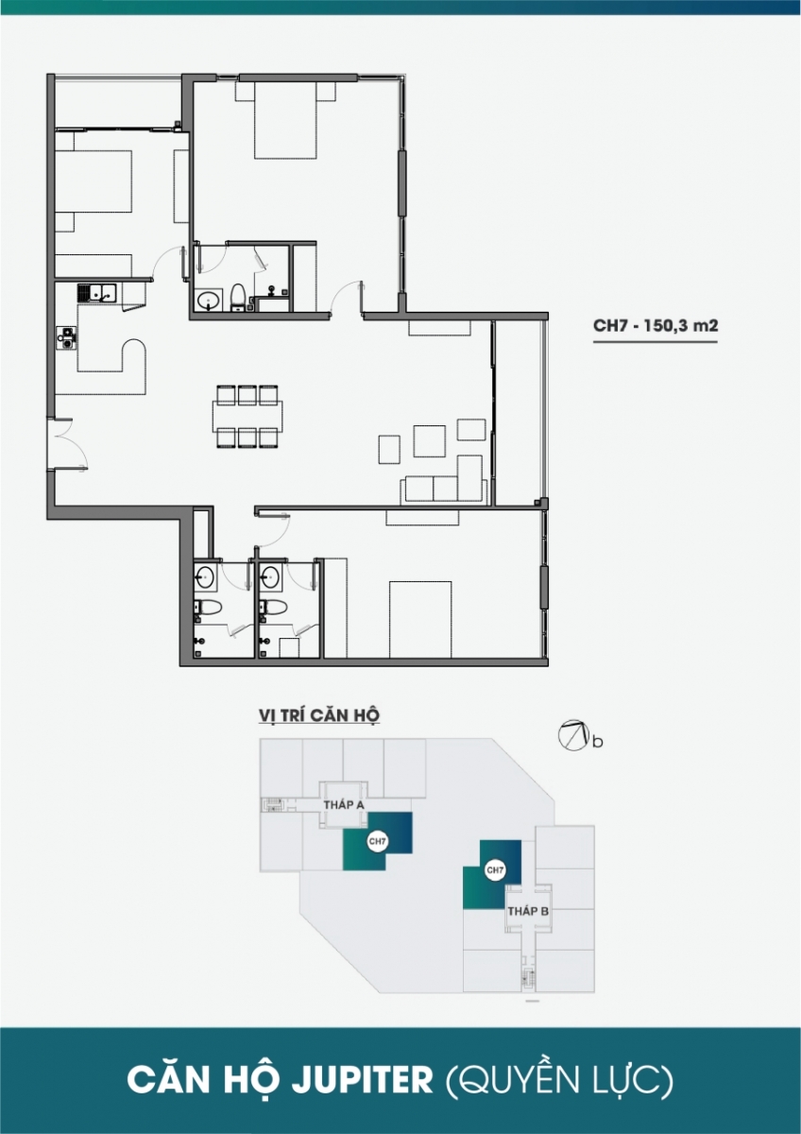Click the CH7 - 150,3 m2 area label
tap(656, 325)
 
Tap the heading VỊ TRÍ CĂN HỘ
tap(318, 715)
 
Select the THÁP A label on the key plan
tap(345, 805)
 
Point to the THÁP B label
tap(528, 911)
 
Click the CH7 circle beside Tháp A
tap(378, 841)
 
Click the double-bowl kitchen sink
tap(96, 293)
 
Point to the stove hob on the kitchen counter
tap(66, 338)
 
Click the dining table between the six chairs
tap(247, 416)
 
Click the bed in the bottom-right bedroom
tap(420, 619)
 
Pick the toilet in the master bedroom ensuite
tap(237, 297)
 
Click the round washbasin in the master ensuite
tap(208, 301)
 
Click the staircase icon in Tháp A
tap(272, 805)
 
